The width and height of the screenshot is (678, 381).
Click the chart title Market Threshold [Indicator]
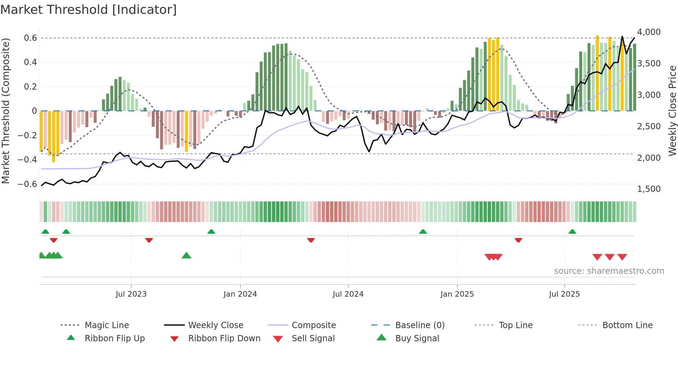(x=89, y=10)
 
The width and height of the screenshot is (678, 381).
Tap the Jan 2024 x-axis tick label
(x=240, y=294)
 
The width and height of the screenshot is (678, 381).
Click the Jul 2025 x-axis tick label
(x=564, y=294)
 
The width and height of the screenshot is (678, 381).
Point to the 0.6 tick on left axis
(x=30, y=38)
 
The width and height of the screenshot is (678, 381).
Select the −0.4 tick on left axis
(x=27, y=160)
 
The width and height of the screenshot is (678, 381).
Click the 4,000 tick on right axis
(x=649, y=32)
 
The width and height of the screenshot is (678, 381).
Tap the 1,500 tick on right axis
(x=649, y=189)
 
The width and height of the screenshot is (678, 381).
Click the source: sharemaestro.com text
(x=609, y=271)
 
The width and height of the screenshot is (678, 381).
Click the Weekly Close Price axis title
(x=672, y=111)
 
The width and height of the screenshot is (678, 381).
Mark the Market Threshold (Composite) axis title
(x=6, y=111)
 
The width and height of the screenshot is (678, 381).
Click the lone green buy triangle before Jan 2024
(x=186, y=255)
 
